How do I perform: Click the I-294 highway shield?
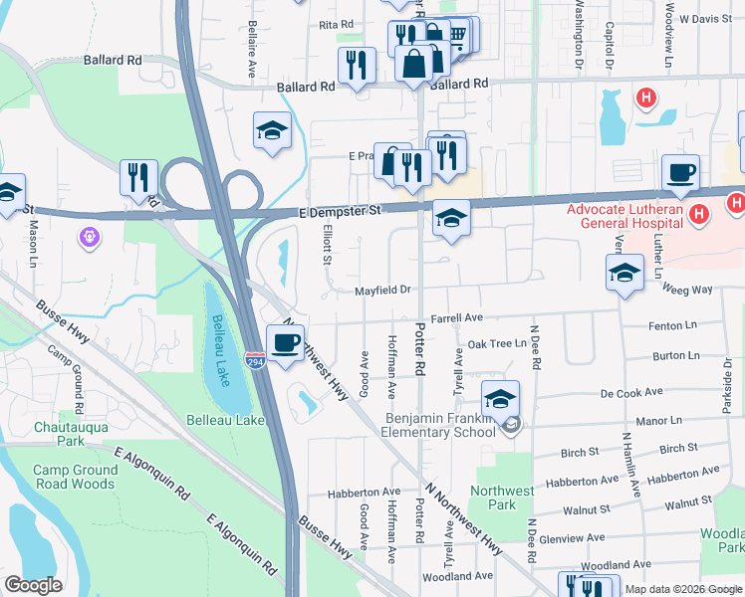pos(256,356)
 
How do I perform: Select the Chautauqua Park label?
pos(56,433)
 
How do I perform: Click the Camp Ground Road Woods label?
pos(74,477)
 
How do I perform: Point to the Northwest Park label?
pos(503,497)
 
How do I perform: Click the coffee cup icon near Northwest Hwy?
pos(286,343)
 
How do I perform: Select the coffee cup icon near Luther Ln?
pos(680,173)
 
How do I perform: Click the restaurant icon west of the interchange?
pos(138,176)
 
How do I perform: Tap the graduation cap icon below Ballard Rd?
pos(272,131)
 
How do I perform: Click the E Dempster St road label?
pos(341,212)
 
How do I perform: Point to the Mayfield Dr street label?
pos(383,290)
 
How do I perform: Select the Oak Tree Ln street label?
pos(497,343)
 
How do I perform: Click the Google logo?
pos(33,585)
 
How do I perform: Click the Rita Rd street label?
pos(337,24)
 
